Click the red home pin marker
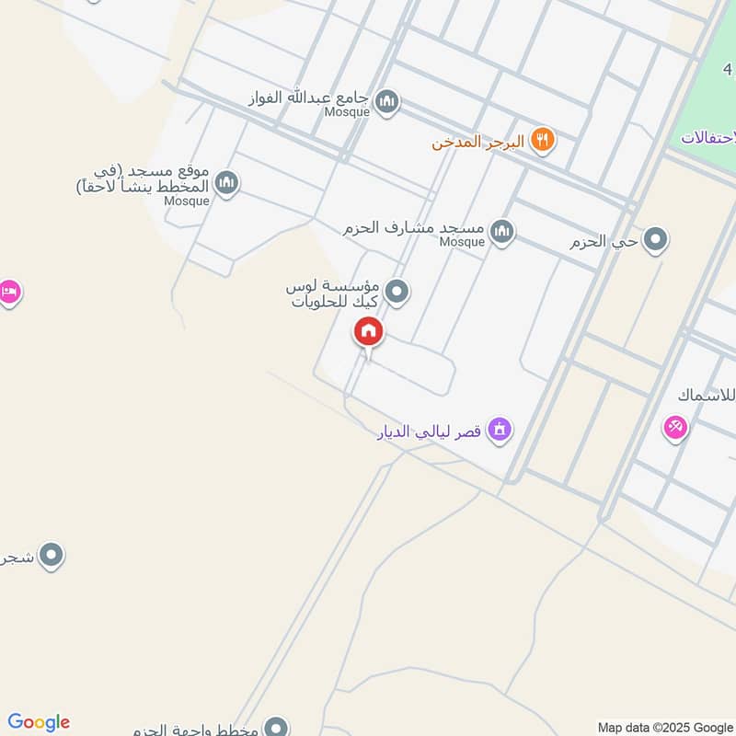click(x=369, y=332)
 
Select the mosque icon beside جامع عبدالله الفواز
click(x=388, y=102)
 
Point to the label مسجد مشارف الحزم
click(x=415, y=227)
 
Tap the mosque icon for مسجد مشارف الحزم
click(x=501, y=232)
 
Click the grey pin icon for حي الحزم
click(x=655, y=241)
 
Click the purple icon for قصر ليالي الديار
click(x=500, y=429)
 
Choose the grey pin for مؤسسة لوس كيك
click(x=397, y=293)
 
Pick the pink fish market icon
click(x=675, y=427)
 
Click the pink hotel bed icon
click(x=7, y=293)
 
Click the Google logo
click(x=39, y=722)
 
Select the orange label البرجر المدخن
click(x=478, y=142)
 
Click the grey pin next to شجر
click(x=52, y=556)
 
